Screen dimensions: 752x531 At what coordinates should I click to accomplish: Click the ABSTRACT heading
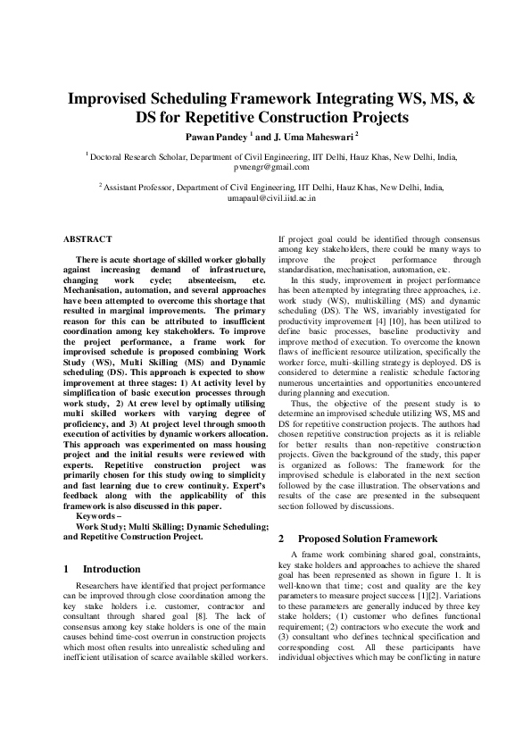tap(87, 239)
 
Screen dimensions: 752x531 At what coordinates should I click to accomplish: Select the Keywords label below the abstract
tap(99, 517)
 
